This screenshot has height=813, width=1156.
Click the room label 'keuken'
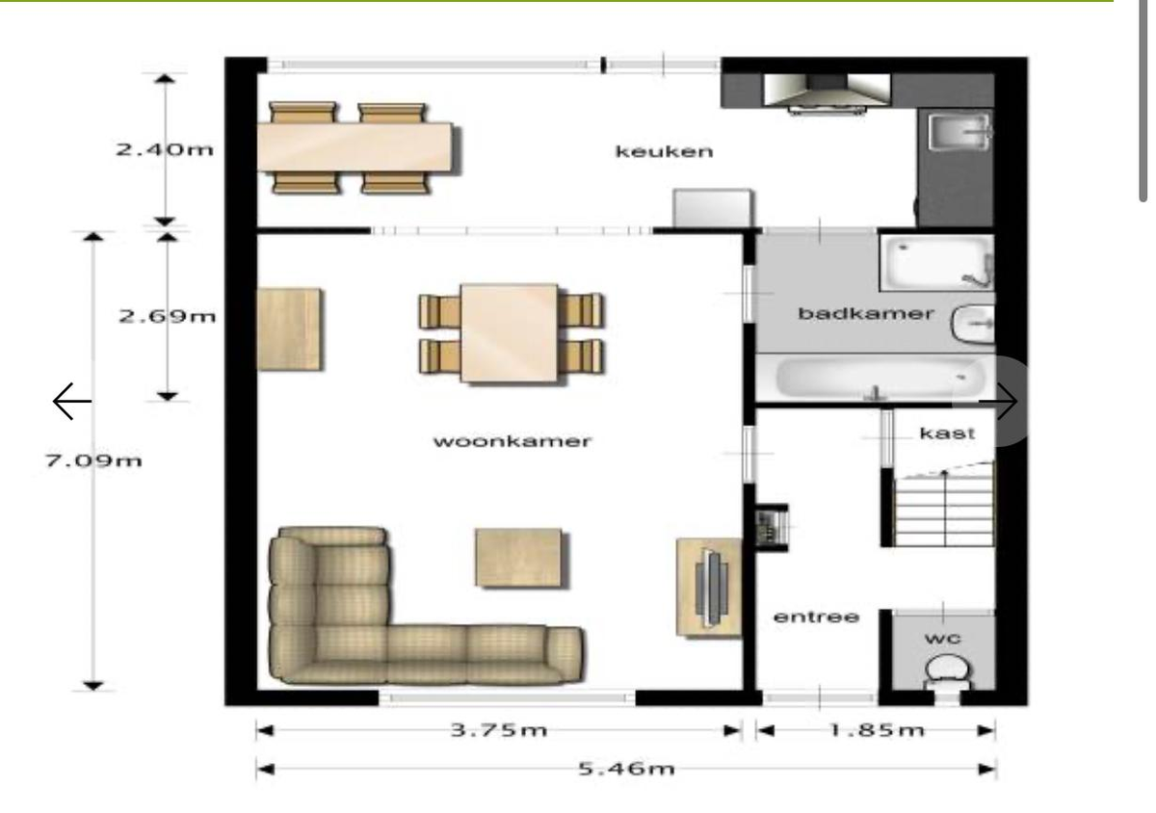664,151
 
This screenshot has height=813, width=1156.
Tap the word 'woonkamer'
512,441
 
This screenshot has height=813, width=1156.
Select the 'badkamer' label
865,313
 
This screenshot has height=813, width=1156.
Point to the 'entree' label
817,616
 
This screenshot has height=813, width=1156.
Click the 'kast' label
947,433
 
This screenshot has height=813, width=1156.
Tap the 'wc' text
942,639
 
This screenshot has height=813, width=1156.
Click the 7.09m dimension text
93,460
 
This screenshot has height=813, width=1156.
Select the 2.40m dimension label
164,149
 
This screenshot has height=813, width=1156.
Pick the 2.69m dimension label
168,316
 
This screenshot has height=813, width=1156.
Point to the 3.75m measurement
499,730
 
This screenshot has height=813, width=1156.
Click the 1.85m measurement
877,730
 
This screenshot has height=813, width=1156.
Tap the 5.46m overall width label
626,769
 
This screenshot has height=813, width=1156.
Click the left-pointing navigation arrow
72,401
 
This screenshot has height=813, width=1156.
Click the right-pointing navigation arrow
998,401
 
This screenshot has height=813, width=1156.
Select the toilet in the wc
948,673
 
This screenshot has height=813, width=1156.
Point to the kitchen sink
959,132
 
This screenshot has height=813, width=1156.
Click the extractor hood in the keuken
828,92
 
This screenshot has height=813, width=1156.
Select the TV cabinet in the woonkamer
709,588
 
